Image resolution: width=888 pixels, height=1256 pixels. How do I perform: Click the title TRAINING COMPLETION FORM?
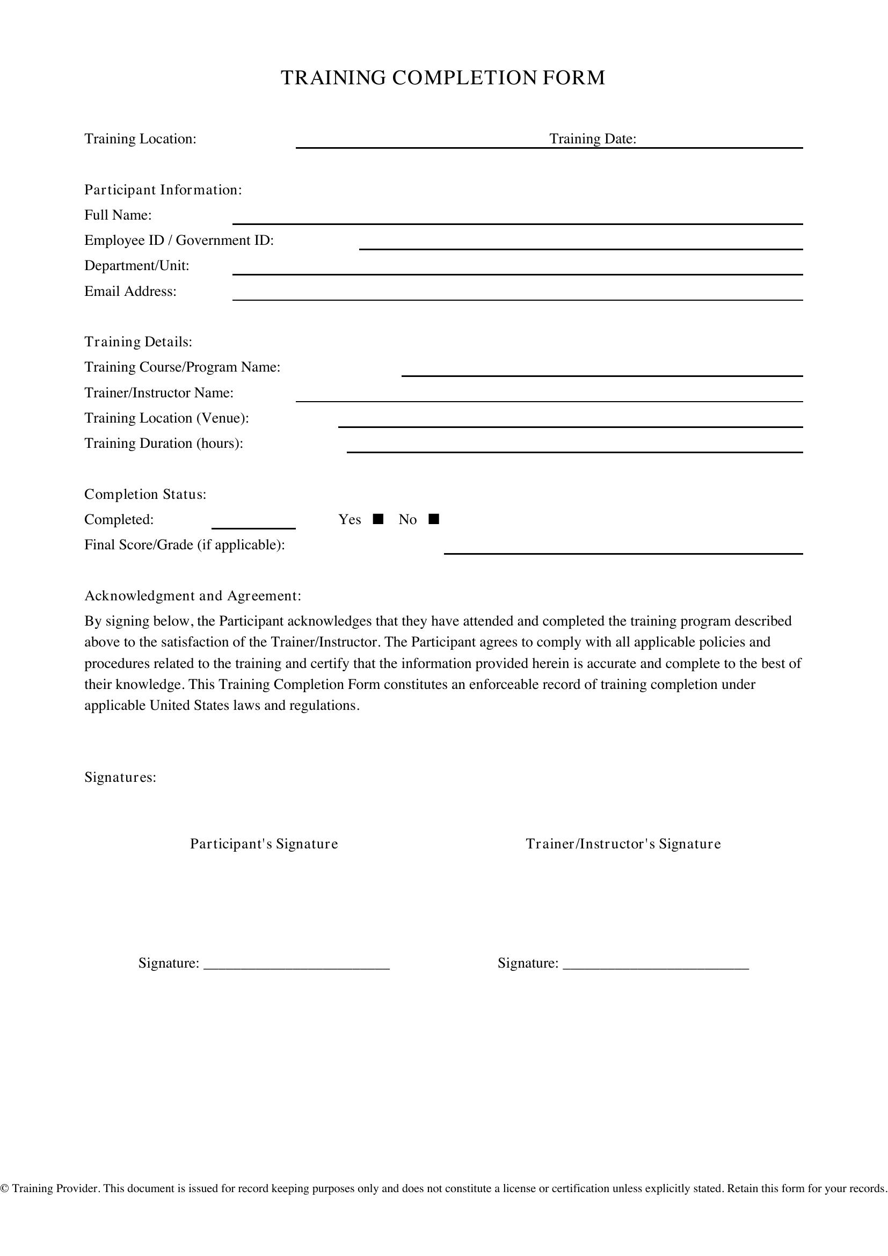[x=443, y=78]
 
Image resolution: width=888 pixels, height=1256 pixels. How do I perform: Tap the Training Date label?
[x=593, y=139]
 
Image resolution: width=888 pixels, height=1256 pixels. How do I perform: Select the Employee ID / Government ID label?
[x=179, y=241]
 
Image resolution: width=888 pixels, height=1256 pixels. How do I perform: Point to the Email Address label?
[x=130, y=292]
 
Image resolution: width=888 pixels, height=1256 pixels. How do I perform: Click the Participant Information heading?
[x=163, y=190]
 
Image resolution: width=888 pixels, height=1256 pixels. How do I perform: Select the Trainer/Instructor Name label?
[x=158, y=393]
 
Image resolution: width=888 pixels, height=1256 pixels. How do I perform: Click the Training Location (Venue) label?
[x=166, y=418]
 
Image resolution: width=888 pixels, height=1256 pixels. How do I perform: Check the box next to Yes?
[x=378, y=519]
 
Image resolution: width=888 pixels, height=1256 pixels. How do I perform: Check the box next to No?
[x=434, y=519]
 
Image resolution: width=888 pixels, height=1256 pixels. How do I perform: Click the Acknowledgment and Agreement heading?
[x=193, y=596]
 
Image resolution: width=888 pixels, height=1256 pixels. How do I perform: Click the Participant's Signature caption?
[x=264, y=844]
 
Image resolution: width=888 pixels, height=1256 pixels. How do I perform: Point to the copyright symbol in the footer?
[x=5, y=1189]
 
